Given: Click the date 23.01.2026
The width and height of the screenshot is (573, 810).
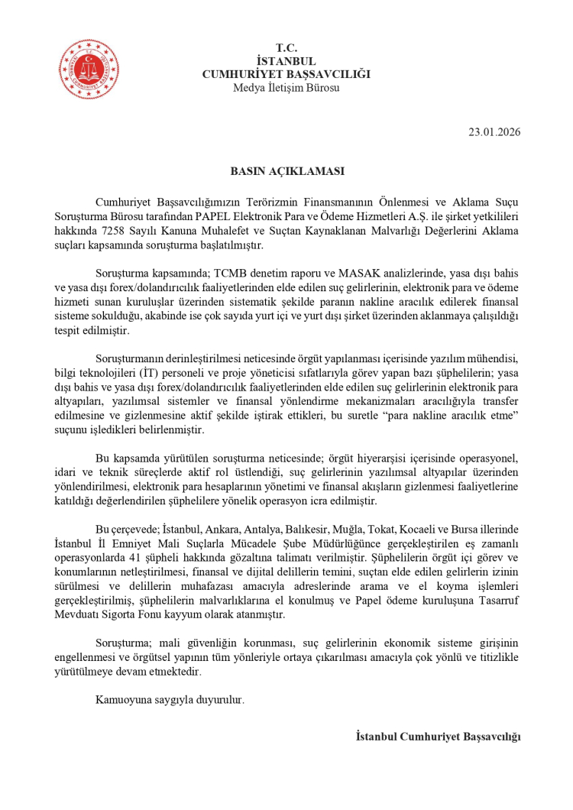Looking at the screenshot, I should pyautogui.click(x=494, y=131).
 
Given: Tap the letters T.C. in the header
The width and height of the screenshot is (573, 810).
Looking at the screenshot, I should pyautogui.click(x=286, y=49).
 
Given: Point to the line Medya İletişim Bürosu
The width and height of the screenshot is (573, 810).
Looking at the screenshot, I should pyautogui.click(x=286, y=86).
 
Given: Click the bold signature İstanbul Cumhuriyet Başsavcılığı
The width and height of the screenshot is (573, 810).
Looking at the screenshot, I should pyautogui.click(x=438, y=737).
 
